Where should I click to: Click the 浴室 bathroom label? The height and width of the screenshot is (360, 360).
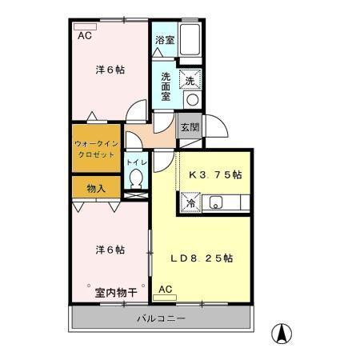point(165,38)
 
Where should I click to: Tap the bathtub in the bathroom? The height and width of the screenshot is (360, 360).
point(190,38)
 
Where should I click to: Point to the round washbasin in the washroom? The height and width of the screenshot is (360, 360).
point(191,100)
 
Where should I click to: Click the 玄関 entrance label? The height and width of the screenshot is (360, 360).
point(190,126)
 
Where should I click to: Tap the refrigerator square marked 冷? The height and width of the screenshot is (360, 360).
point(191,203)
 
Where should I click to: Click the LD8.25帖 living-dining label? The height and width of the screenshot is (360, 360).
point(201,258)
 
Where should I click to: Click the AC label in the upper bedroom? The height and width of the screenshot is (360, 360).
point(84,36)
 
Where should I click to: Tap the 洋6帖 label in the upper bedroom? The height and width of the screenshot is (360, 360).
point(110,70)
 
